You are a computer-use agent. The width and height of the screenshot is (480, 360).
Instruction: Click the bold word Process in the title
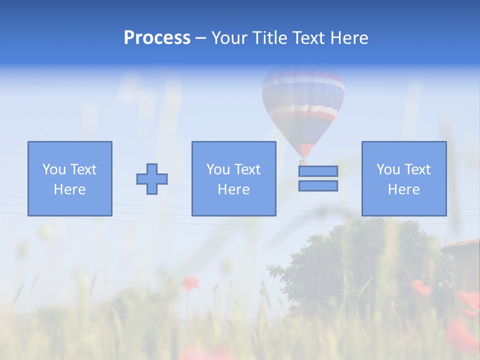[x=157, y=38]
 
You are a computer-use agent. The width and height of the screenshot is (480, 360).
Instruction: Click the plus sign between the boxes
[x=152, y=178]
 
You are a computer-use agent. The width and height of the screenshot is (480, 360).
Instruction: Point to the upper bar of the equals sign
[x=318, y=171]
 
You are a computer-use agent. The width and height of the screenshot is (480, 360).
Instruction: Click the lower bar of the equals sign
[x=318, y=185]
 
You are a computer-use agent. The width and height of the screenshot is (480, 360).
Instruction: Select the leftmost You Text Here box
[x=70, y=178]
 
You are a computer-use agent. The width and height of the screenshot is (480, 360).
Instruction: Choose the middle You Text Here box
[x=233, y=178]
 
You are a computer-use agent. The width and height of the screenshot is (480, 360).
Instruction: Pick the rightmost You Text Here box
[x=404, y=178]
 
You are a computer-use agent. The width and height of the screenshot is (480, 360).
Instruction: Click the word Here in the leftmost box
[x=69, y=189]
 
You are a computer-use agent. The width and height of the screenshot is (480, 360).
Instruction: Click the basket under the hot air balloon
[x=303, y=162]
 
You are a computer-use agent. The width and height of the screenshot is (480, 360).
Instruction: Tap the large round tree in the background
[x=360, y=260]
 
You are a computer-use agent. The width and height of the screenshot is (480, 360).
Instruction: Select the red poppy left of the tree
[x=189, y=283]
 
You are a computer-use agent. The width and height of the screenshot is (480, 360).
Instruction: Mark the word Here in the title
[x=349, y=38]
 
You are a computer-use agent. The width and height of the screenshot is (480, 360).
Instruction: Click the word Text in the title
[x=308, y=38]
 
